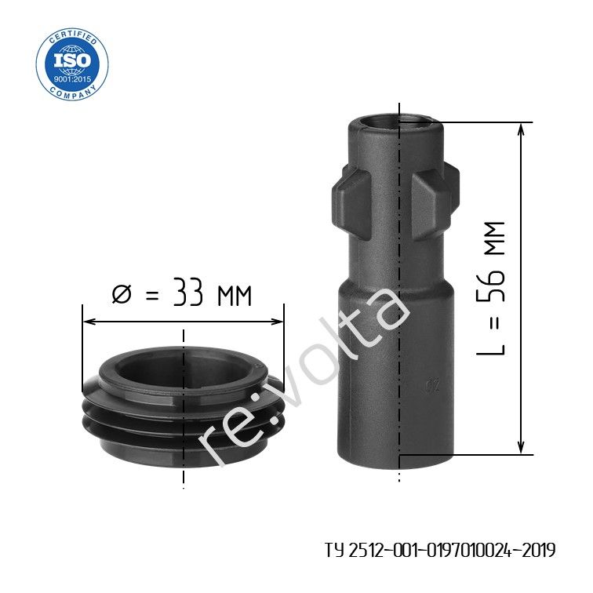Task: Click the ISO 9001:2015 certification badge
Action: pyautogui.click(x=72, y=64)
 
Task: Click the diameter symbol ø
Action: pyautogui.click(x=122, y=294)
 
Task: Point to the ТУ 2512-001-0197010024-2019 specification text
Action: pyautogui.click(x=440, y=550)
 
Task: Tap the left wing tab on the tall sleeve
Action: pyautogui.click(x=351, y=203)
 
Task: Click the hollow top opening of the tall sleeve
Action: pyautogui.click(x=395, y=122)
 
